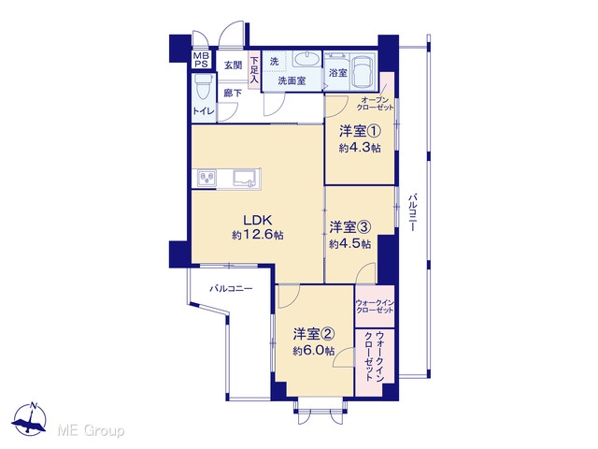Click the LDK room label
click(258, 220)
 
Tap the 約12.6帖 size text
click(258, 235)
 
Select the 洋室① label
click(360, 132)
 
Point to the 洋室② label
click(314, 335)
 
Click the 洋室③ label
click(349, 227)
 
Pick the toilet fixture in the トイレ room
click(204, 88)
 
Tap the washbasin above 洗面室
click(306, 60)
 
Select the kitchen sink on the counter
click(245, 178)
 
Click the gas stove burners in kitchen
click(206, 179)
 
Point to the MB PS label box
click(201, 60)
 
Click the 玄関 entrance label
click(233, 65)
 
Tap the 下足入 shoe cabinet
click(254, 70)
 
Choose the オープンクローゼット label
click(376, 104)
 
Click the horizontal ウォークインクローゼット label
click(375, 306)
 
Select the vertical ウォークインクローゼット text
click(375, 356)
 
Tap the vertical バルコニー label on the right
click(412, 212)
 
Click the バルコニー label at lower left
click(231, 289)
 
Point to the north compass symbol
click(29, 419)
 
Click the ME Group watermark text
click(91, 430)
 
